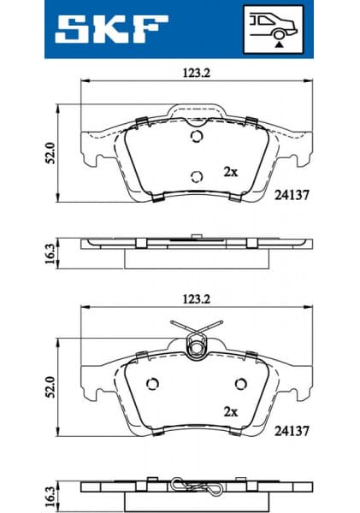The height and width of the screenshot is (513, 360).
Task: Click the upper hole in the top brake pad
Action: [197, 137]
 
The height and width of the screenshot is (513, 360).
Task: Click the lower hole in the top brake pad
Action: [197, 176]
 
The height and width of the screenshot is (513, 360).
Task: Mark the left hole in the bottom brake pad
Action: [154, 383]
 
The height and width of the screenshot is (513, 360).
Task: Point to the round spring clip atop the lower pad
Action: [198, 345]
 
